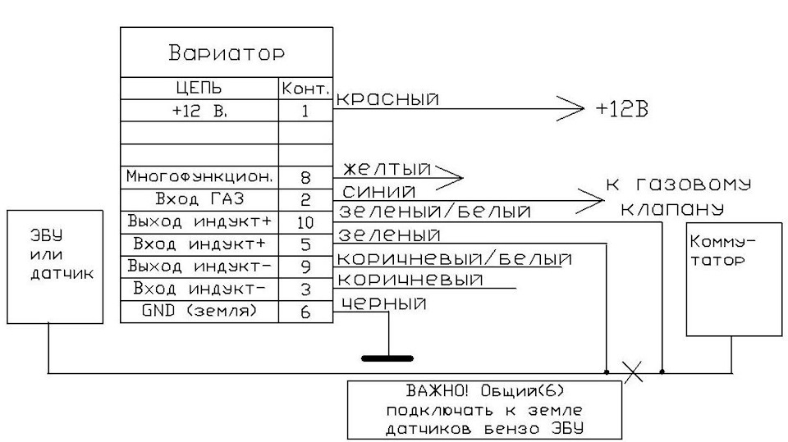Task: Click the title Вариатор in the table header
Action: (x=227, y=52)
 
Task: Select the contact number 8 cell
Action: (x=305, y=177)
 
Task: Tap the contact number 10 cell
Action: (x=305, y=222)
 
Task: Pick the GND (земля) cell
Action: (x=199, y=311)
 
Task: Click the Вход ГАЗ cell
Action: (x=199, y=199)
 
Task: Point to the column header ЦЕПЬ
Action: (x=199, y=89)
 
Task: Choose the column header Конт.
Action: (x=305, y=89)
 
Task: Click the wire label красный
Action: (x=387, y=98)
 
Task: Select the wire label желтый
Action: (x=387, y=168)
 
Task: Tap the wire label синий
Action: (x=379, y=191)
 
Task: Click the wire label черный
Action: (x=384, y=303)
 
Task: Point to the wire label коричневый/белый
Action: (x=454, y=258)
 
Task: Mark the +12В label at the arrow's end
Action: (x=621, y=108)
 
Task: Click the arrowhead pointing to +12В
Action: (x=571, y=108)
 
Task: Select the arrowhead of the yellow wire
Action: (x=449, y=177)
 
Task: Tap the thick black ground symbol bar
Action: (x=387, y=358)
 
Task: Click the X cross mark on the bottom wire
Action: (x=633, y=371)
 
